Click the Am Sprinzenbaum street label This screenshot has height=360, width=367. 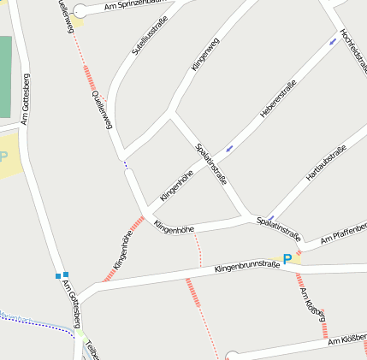[133, 6]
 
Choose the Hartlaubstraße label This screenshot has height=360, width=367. [326, 163]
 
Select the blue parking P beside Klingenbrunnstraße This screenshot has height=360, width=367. [287, 258]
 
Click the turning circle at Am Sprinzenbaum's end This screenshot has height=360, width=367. [80, 12]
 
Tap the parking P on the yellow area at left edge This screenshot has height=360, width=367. [3, 157]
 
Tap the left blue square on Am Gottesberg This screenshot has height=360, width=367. [58, 275]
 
